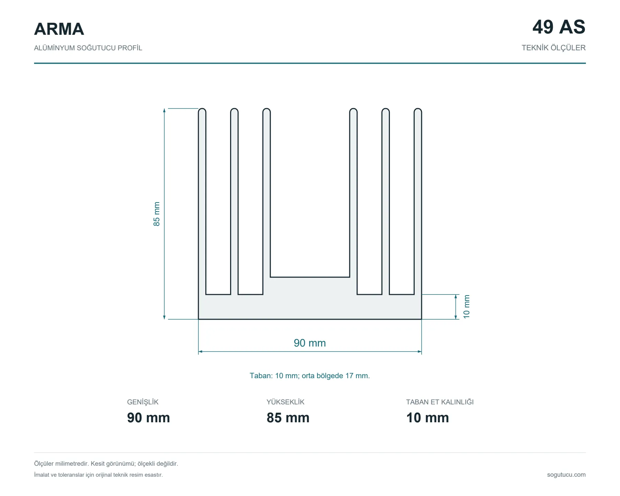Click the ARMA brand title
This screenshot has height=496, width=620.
pos(59,29)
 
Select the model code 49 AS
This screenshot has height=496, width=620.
pos(559,27)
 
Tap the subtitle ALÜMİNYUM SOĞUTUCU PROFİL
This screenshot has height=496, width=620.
pos(88,48)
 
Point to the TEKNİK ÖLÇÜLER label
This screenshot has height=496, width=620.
pos(554,48)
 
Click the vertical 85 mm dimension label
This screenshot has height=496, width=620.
pos(157,214)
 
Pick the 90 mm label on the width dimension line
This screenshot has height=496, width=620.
pos(310,343)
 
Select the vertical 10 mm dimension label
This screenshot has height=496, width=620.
pos(466,307)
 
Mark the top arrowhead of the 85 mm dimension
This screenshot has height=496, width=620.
pos(164,110)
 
